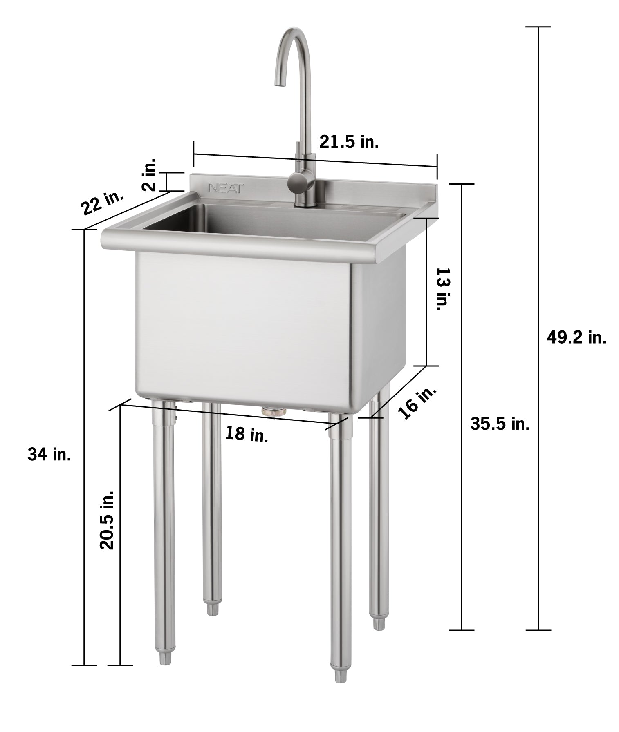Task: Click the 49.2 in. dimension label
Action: [576, 337]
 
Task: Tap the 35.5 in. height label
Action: [500, 424]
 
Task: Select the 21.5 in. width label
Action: [349, 142]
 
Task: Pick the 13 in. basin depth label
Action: [443, 288]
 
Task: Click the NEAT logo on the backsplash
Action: [226, 188]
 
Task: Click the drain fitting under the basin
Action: [274, 411]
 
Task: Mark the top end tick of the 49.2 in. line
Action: [538, 27]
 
